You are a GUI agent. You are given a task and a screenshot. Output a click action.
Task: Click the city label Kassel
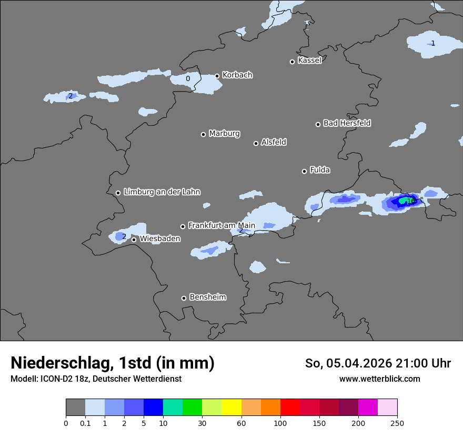click(309, 61)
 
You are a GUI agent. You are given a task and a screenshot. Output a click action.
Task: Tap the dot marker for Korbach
click(217, 76)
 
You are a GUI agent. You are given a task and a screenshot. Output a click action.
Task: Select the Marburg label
click(224, 134)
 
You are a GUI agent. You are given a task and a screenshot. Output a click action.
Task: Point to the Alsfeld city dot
click(256, 143)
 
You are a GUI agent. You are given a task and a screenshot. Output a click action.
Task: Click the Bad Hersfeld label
click(347, 123)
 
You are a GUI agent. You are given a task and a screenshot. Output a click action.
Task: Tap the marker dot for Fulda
click(304, 171)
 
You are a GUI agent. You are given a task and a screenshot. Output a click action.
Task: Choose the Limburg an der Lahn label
click(162, 192)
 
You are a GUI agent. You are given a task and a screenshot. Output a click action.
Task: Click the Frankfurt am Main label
click(222, 226)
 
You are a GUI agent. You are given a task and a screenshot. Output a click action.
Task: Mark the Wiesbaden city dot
click(134, 240)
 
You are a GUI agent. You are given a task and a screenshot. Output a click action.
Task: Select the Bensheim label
click(207, 297)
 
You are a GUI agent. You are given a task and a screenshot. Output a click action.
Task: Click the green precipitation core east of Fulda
click(404, 201)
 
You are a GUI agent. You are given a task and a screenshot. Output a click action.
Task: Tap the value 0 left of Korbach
click(188, 79)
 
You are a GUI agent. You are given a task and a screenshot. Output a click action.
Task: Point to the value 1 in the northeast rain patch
click(433, 43)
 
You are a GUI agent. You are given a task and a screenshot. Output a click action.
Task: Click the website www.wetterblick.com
click(379, 379)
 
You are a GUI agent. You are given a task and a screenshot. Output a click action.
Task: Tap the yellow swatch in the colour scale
click(231, 408)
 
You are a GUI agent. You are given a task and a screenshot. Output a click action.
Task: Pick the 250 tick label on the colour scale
click(397, 423)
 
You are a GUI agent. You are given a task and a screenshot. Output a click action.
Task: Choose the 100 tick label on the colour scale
click(280, 423)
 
